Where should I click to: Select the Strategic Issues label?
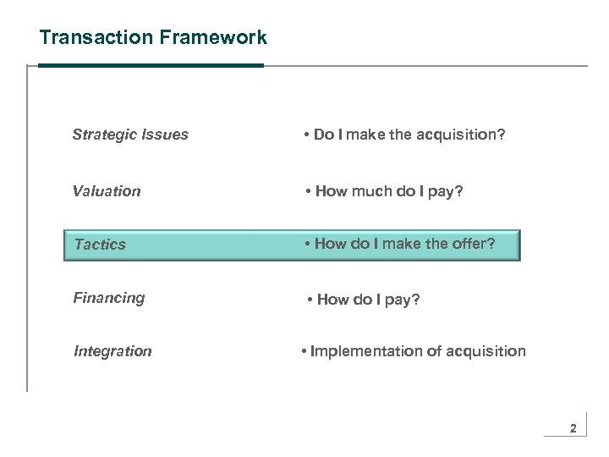click(x=130, y=135)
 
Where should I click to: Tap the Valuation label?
click(x=107, y=191)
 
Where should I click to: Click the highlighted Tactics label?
click(x=99, y=245)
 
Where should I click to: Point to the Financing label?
click(x=108, y=298)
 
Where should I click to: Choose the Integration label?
click(x=112, y=351)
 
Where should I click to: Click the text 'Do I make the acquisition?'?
click(x=409, y=135)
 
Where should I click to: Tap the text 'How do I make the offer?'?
click(x=404, y=244)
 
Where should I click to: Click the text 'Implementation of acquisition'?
click(x=418, y=351)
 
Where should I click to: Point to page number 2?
click(x=573, y=429)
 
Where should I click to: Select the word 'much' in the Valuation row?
click(x=366, y=191)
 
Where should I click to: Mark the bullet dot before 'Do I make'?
click(x=306, y=135)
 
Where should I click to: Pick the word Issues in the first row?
click(x=167, y=135)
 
